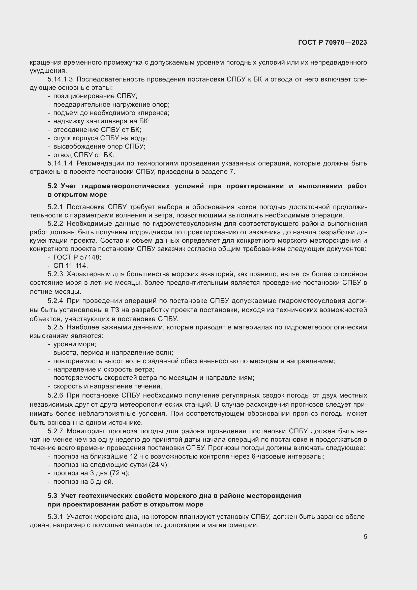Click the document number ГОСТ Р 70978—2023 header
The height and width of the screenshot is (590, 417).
click(x=333, y=43)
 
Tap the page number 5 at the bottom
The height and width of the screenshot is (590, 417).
click(x=365, y=537)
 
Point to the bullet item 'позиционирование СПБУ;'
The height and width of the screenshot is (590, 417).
click(x=95, y=96)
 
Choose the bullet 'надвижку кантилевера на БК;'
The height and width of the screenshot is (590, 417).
click(x=101, y=121)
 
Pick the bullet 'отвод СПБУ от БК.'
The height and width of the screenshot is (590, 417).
click(x=83, y=155)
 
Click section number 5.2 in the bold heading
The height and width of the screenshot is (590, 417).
click(x=52, y=186)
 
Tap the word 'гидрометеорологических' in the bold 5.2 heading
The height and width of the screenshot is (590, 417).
click(x=125, y=186)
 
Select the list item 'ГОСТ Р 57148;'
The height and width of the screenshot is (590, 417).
click(x=77, y=257)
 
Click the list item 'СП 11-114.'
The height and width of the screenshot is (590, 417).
click(x=71, y=266)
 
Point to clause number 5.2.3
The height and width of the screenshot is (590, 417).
click(x=55, y=274)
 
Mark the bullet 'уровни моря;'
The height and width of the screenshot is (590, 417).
click(x=75, y=344)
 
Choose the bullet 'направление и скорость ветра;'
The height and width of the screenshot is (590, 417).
click(x=104, y=370)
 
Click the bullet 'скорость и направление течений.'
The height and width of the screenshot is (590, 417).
click(x=108, y=386)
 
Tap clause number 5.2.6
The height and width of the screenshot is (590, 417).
click(x=55, y=395)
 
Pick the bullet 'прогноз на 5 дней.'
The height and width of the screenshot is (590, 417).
click(x=83, y=482)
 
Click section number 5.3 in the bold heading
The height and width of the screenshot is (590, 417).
click(x=52, y=495)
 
